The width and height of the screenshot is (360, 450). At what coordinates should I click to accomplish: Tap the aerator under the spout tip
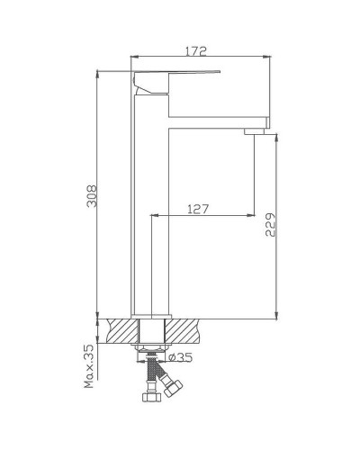click(x=254, y=130)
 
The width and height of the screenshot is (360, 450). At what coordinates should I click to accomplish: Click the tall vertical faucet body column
click(x=152, y=207)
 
